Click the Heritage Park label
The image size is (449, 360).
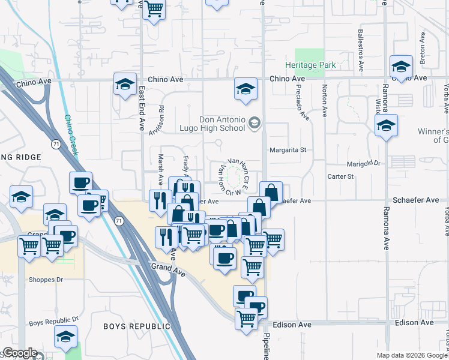click(x=310, y=65)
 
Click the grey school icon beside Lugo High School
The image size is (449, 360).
click(x=255, y=122)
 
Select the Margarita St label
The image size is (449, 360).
click(x=288, y=150)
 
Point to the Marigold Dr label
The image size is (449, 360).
click(x=364, y=163)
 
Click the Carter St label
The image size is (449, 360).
click(x=341, y=177)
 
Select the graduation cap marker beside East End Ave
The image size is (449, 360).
click(x=125, y=85)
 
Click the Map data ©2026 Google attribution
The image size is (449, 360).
click(x=412, y=355)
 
